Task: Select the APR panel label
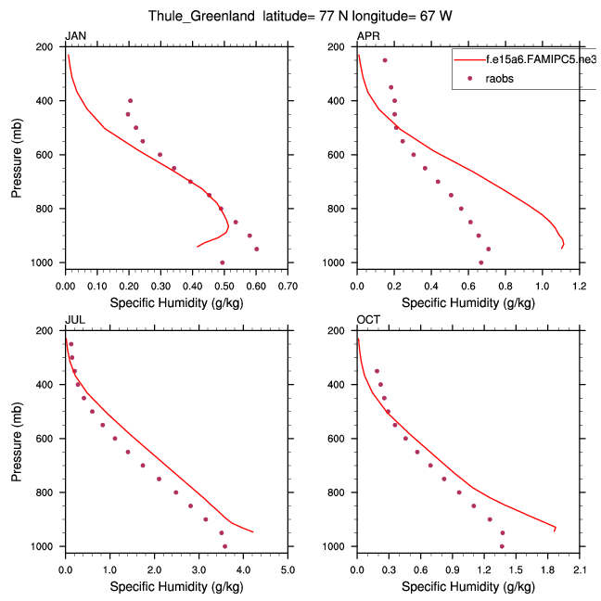coord(367,36)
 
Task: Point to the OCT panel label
coord(367,320)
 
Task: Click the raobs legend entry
coord(499,79)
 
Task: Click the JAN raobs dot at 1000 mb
coord(222,262)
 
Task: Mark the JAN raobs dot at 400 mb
coord(130,100)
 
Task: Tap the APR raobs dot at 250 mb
coord(385,60)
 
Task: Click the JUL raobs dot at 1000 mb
coord(224,546)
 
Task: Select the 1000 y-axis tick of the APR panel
coord(339,263)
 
